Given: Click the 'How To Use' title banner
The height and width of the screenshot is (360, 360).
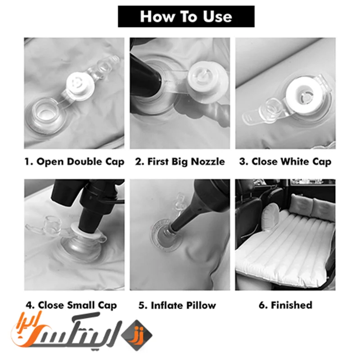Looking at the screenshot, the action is click(186, 17).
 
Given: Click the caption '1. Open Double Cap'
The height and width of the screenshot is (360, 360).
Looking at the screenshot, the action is click(74, 162).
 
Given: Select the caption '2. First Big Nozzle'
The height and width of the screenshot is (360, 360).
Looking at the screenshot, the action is click(180, 162).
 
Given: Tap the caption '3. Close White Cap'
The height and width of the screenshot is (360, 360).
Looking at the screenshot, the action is click(285, 162).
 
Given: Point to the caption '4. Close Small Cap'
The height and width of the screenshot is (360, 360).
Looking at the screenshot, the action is click(72, 306).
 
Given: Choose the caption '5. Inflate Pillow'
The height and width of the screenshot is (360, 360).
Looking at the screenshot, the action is click(177, 306).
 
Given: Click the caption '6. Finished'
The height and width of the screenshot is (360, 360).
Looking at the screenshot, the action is click(285, 305).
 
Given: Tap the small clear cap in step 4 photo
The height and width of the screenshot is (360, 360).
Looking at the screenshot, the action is click(54, 224).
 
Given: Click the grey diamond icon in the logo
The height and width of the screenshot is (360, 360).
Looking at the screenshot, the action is click(137, 335).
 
